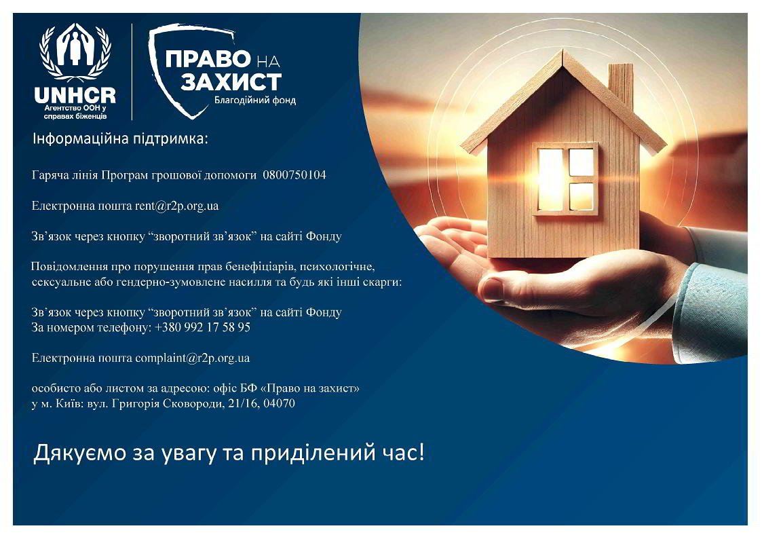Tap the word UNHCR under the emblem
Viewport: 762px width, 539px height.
(75, 95)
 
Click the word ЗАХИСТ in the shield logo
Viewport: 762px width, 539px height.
(231, 82)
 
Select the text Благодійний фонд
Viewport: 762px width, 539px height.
(255, 100)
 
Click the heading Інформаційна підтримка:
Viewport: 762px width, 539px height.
(120, 139)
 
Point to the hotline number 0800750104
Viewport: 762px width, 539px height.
(294, 175)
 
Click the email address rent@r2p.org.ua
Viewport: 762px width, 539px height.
(177, 206)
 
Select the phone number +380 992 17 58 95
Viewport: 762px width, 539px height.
(203, 328)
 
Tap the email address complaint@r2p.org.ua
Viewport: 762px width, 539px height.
(193, 358)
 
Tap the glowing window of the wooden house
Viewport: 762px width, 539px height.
(566, 179)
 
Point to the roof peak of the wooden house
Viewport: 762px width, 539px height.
(563, 52)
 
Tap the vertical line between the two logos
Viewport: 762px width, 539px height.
(132, 71)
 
